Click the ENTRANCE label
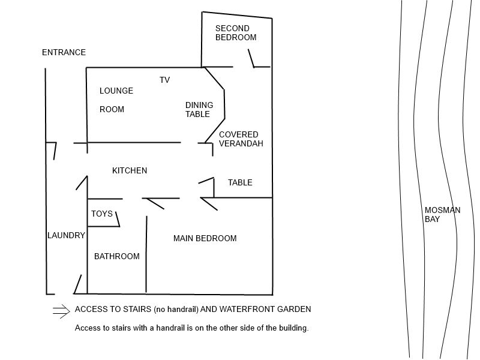(x=64, y=52)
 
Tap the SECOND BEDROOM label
(x=236, y=33)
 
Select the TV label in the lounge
(x=164, y=80)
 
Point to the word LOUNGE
(x=116, y=91)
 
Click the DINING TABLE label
(x=199, y=110)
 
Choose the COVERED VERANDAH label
(x=241, y=139)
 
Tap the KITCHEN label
(x=130, y=170)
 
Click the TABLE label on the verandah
(x=240, y=182)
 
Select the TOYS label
(x=102, y=214)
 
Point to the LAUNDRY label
(x=66, y=235)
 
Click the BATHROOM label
(x=116, y=256)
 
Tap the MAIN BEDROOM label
(x=205, y=238)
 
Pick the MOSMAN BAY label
(x=442, y=215)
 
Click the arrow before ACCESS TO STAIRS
(x=61, y=311)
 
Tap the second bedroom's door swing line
(x=251, y=58)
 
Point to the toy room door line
(x=118, y=219)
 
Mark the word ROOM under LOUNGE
(x=112, y=109)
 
